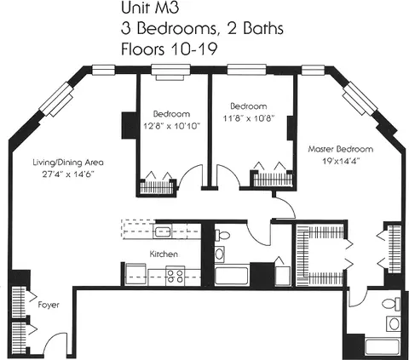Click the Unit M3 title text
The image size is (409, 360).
(150, 8)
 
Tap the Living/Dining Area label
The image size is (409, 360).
(68, 163)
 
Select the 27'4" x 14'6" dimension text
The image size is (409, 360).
(68, 174)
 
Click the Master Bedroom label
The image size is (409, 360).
(341, 149)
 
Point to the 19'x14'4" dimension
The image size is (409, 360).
(341, 161)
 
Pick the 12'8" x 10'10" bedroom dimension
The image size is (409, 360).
(171, 126)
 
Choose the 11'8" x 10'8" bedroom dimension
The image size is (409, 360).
(249, 118)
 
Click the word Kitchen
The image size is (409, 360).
(164, 254)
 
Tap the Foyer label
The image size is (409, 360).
(49, 305)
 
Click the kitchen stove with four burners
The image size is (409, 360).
(176, 276)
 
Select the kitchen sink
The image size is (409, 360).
(163, 231)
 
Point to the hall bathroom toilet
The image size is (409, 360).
(222, 236)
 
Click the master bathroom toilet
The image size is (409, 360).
(391, 304)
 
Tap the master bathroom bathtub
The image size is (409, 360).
(383, 346)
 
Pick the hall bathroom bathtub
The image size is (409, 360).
(232, 275)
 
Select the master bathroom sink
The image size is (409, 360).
(394, 324)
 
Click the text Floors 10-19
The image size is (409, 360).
(170, 49)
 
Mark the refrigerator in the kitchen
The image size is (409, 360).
(135, 275)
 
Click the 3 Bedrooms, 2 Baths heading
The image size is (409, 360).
(202, 28)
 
